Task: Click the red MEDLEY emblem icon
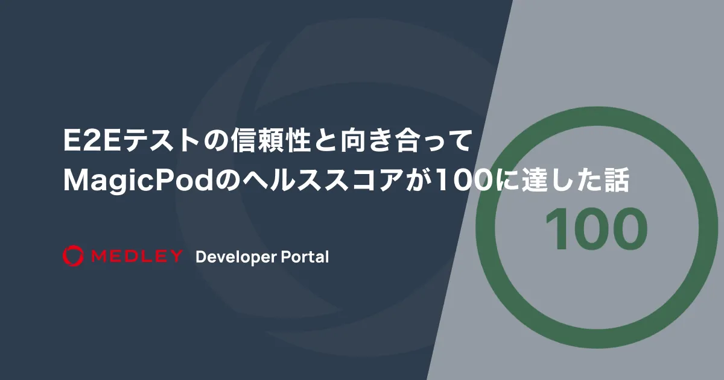tap(72, 256)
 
